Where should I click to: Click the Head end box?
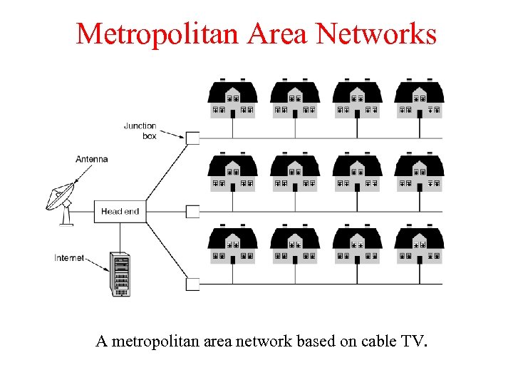(120, 212)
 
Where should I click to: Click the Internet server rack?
(120, 274)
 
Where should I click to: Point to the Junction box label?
(140, 131)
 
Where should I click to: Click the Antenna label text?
(91, 159)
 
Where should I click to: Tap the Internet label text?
(69, 258)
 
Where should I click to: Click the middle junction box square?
(192, 212)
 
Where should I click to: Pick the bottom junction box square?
(192, 284)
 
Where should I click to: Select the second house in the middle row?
(295, 172)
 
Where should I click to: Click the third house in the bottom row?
(358, 245)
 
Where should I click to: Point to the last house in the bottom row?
(420, 245)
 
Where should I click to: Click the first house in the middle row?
(232, 172)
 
